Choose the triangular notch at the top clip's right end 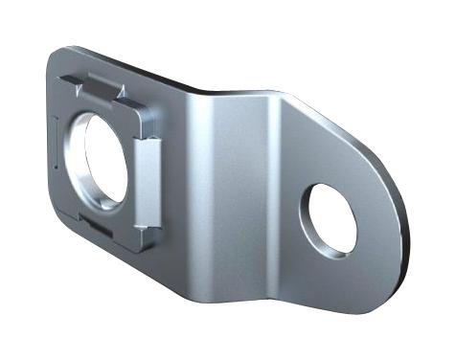[x=121, y=93]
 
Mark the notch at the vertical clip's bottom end [x=141, y=226]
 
